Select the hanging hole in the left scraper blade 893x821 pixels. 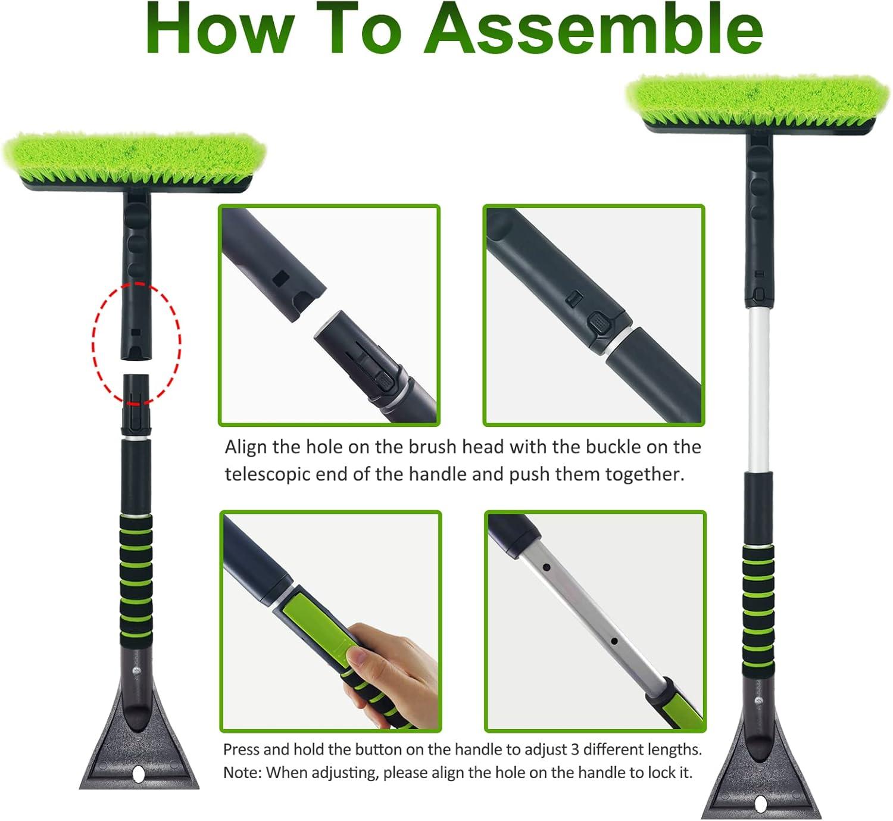pyautogui.click(x=139, y=773)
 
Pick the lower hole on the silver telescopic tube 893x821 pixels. pyautogui.click(x=614, y=641)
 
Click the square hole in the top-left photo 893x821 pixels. pyautogui.click(x=281, y=278)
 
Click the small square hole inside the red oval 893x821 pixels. pyautogui.click(x=137, y=332)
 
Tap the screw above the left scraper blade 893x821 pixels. pyautogui.click(x=137, y=670)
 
